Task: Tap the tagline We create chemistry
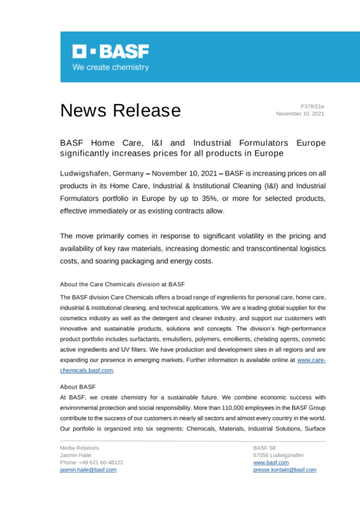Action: [x=111, y=67]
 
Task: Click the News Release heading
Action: [x=121, y=110]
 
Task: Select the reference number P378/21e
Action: [x=312, y=106]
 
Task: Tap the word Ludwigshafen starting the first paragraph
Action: [x=85, y=174]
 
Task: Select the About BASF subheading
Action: [x=76, y=387]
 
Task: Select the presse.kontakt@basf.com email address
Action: [x=284, y=470]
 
